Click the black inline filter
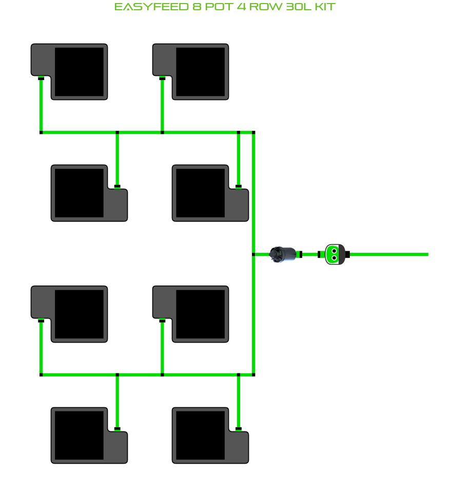click(284, 254)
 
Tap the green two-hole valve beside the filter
click(334, 254)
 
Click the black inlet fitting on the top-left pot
click(41, 78)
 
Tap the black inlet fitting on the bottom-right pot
click(238, 428)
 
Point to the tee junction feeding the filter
click(253, 254)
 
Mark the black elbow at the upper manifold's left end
click(41, 133)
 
